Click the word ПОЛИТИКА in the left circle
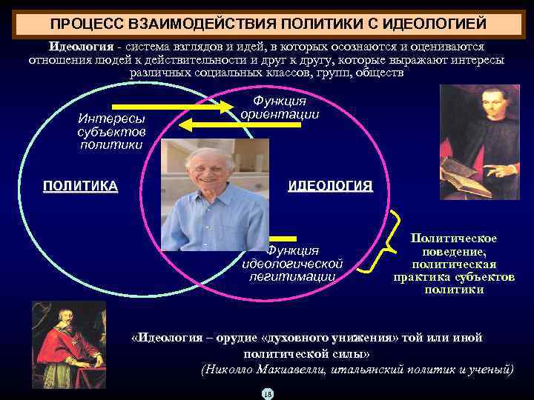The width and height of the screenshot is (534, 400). (x=80, y=186)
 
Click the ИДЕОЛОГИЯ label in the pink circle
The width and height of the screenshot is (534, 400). (x=330, y=186)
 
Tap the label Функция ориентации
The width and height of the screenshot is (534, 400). (x=280, y=107)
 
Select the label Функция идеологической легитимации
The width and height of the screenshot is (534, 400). (x=292, y=264)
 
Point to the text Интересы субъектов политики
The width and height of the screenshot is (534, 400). (x=111, y=131)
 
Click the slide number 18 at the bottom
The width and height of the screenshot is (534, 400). (x=267, y=393)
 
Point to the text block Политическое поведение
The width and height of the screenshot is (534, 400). (x=454, y=263)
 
